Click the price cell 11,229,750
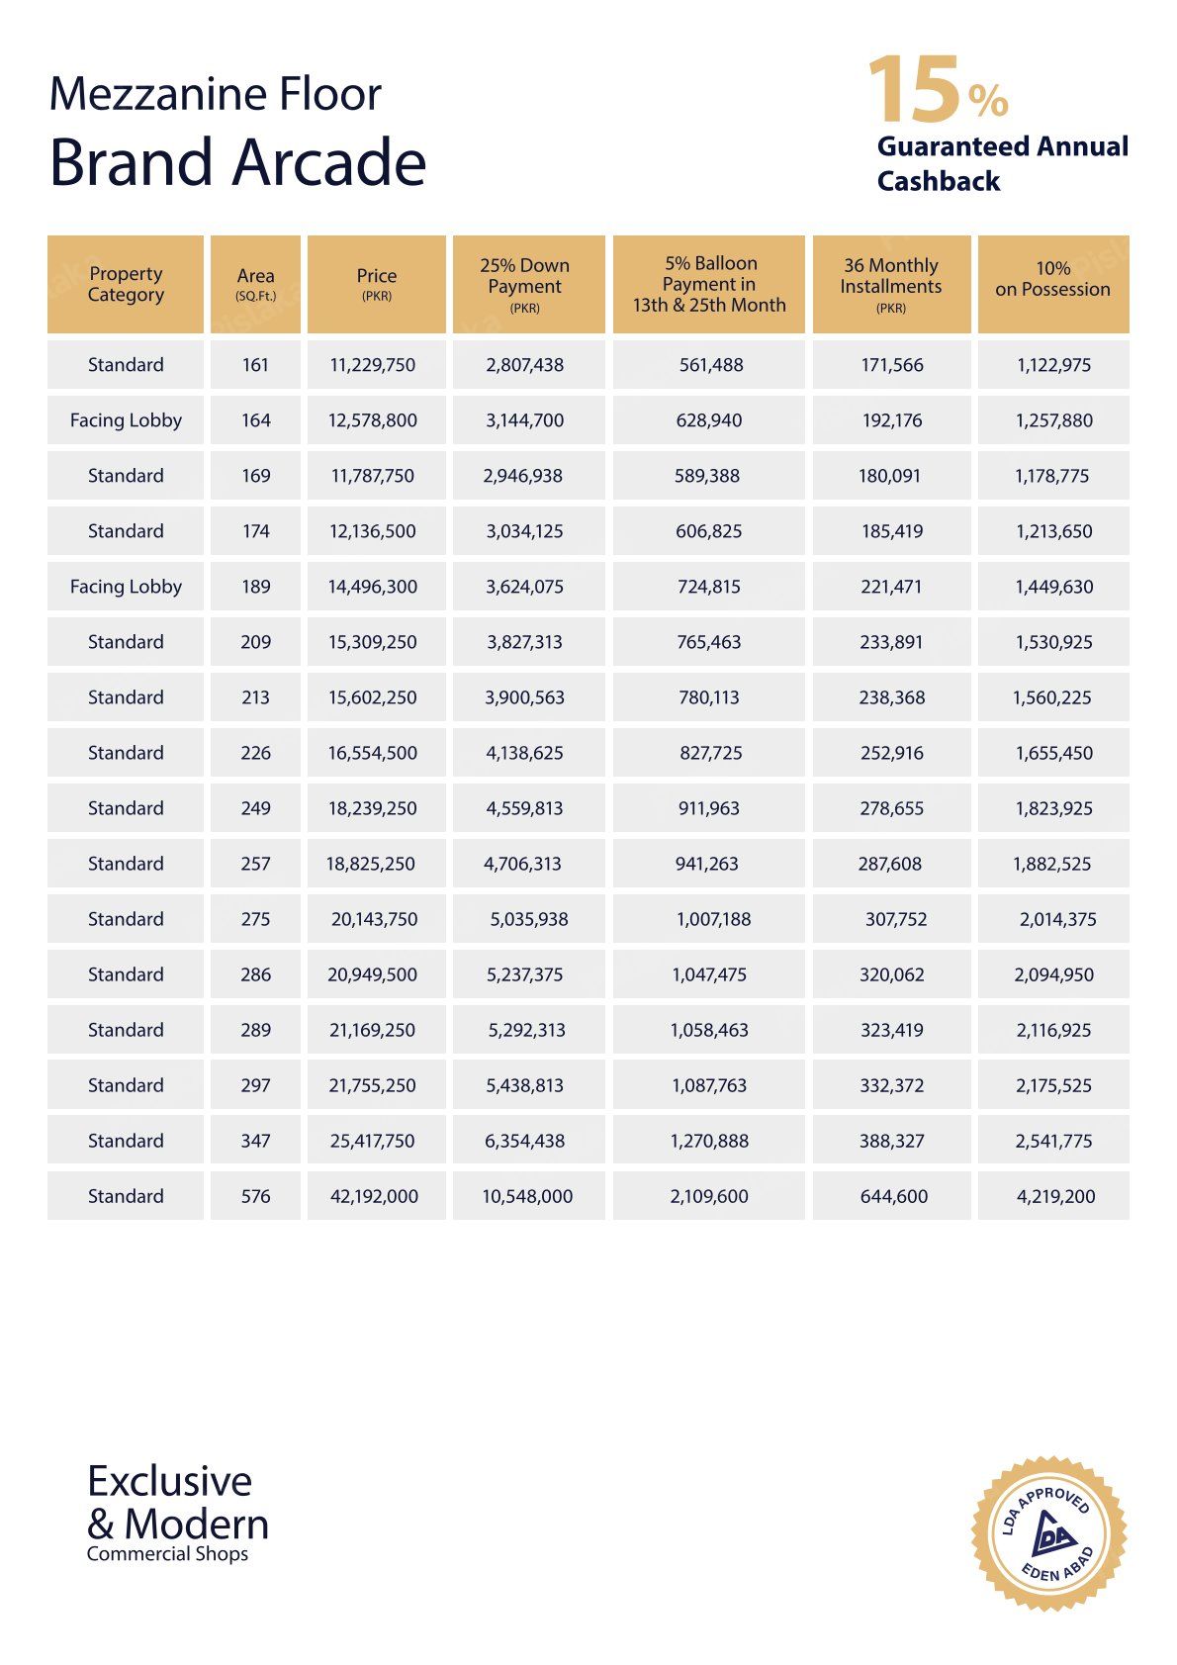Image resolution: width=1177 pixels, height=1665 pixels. [373, 365]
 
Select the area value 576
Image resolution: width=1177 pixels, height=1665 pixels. [255, 1196]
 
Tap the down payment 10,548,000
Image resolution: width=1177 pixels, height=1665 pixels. [527, 1196]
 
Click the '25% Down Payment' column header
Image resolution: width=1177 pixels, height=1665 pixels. [525, 284]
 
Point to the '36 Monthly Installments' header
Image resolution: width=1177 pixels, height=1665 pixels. [891, 284]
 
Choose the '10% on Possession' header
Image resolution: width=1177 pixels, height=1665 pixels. [1052, 280]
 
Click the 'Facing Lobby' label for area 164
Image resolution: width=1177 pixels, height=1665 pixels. [126, 420]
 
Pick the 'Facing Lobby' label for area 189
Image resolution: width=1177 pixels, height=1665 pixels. [126, 587]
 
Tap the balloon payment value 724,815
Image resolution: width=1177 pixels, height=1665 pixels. [709, 587]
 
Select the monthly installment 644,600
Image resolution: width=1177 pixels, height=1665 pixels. [894, 1196]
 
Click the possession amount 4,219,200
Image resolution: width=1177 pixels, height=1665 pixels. [1055, 1196]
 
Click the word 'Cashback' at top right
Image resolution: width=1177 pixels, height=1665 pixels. [939, 181]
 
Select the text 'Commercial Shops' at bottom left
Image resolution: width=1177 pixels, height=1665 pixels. [167, 1554]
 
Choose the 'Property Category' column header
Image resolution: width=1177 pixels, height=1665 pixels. [126, 284]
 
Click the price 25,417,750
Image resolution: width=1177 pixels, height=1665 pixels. [373, 1141]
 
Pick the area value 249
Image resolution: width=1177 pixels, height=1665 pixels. [255, 808]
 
